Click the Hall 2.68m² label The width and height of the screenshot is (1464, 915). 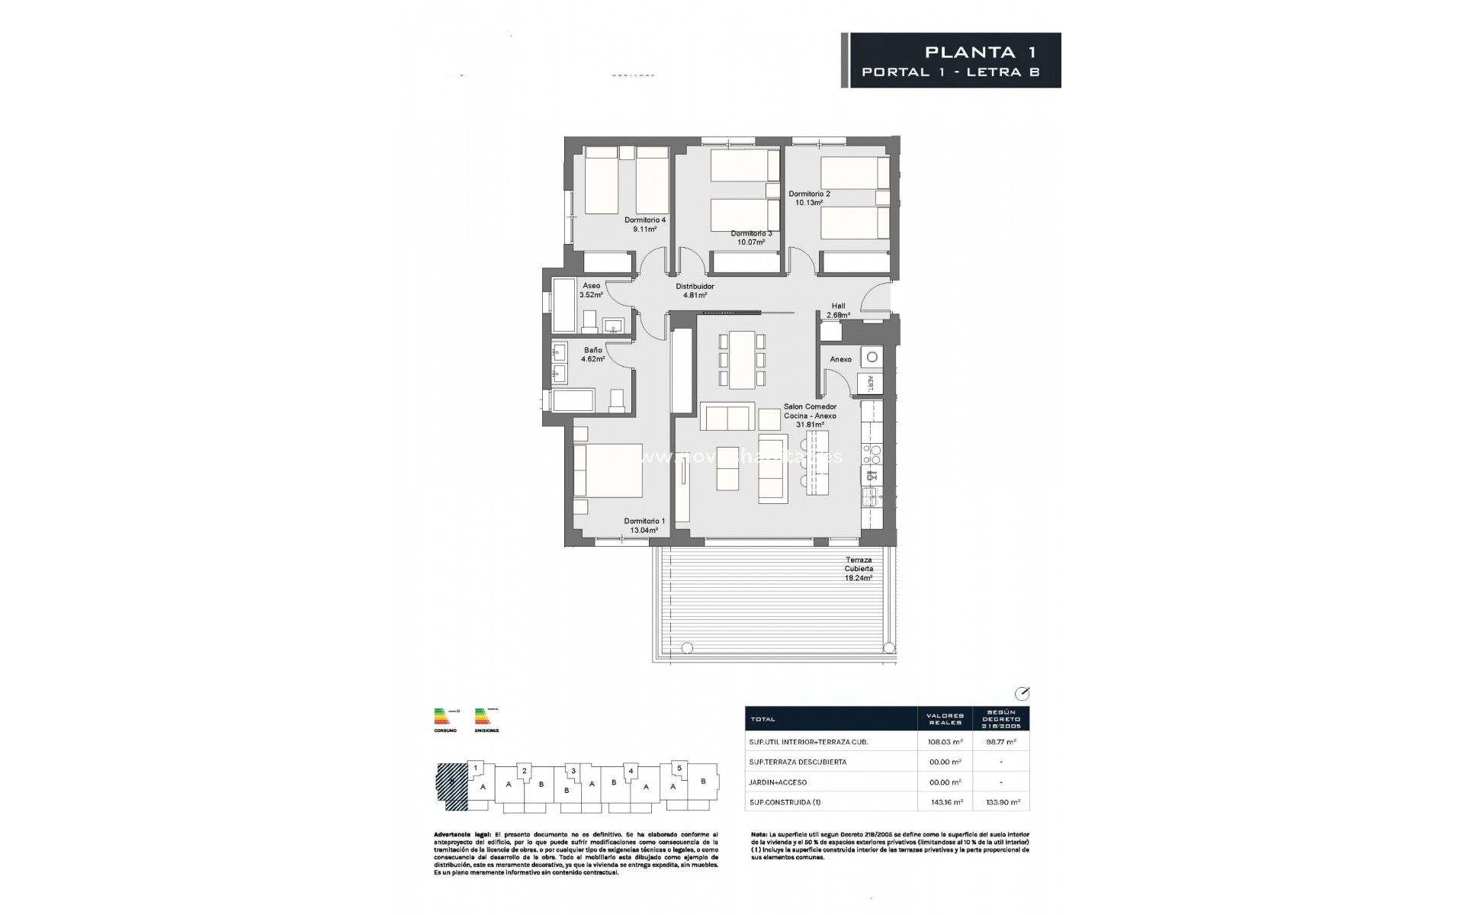click(x=838, y=310)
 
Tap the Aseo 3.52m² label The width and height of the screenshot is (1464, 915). click(x=591, y=290)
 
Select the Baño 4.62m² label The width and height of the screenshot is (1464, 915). click(x=592, y=354)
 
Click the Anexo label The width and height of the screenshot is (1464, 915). click(x=840, y=359)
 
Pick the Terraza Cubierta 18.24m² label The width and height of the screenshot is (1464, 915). click(x=858, y=569)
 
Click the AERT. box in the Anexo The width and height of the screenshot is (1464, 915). click(x=870, y=383)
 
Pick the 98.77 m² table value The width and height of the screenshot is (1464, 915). click(x=1001, y=741)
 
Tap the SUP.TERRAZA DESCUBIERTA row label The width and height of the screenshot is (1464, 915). click(x=798, y=762)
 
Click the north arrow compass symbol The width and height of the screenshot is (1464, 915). click(x=1023, y=693)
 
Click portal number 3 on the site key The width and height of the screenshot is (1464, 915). click(x=573, y=771)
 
